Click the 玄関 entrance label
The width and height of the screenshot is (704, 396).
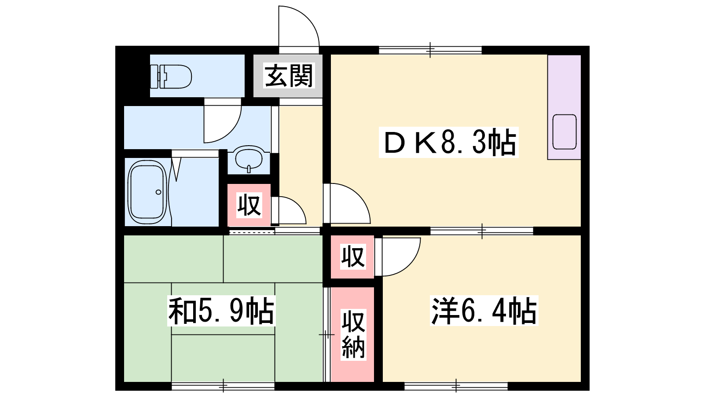(x=289, y=76)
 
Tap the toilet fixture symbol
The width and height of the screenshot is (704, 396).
(x=171, y=77)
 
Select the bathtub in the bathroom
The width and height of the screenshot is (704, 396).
(x=147, y=192)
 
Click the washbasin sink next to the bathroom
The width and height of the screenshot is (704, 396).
(x=249, y=158)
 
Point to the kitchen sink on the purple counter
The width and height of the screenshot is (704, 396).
(x=565, y=132)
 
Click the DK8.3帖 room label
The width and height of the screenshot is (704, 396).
(x=448, y=142)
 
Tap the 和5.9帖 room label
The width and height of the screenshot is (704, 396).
(x=221, y=311)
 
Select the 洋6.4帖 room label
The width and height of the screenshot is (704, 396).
(x=484, y=311)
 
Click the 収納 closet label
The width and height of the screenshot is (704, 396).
(x=353, y=334)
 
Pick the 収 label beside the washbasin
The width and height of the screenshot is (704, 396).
(x=249, y=205)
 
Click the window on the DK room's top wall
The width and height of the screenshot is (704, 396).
(x=430, y=50)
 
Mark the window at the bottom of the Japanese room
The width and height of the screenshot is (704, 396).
(x=223, y=385)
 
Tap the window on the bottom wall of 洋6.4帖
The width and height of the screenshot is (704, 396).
(x=456, y=385)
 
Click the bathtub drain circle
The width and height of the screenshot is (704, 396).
(x=158, y=192)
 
